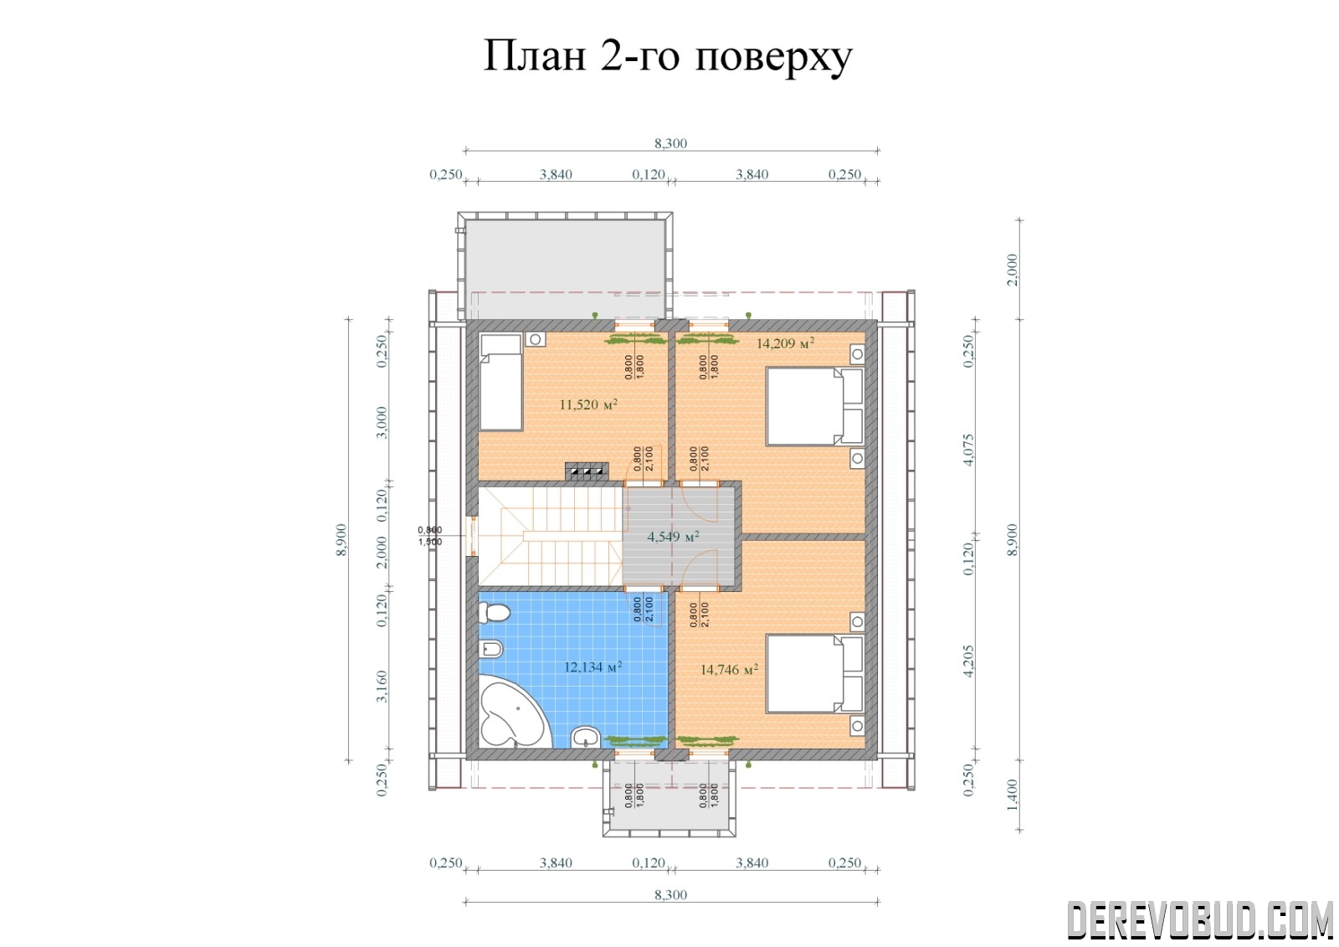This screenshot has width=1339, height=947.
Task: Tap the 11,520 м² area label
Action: click(x=588, y=404)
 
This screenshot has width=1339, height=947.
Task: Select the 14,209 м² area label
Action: click(x=786, y=343)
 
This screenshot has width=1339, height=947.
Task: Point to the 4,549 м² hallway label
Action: click(x=673, y=537)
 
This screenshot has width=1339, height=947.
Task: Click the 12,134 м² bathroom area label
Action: click(x=593, y=667)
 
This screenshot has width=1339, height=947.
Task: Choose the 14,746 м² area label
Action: click(x=729, y=669)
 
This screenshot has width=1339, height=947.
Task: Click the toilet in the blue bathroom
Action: click(x=494, y=613)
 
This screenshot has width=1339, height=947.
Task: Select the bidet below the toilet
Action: click(x=490, y=649)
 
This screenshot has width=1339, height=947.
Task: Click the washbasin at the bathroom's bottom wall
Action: click(x=586, y=737)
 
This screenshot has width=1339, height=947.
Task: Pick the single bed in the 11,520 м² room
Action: click(x=501, y=382)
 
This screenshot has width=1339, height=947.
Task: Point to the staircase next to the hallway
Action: click(x=550, y=536)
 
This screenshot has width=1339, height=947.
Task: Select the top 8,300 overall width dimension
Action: click(x=670, y=143)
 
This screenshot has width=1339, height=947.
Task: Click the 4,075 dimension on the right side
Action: click(x=968, y=450)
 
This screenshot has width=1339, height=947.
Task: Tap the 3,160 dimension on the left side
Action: click(x=382, y=686)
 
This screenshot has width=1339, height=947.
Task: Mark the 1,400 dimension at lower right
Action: click(x=1012, y=795)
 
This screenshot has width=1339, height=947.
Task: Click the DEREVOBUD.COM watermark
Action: click(x=1200, y=919)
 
